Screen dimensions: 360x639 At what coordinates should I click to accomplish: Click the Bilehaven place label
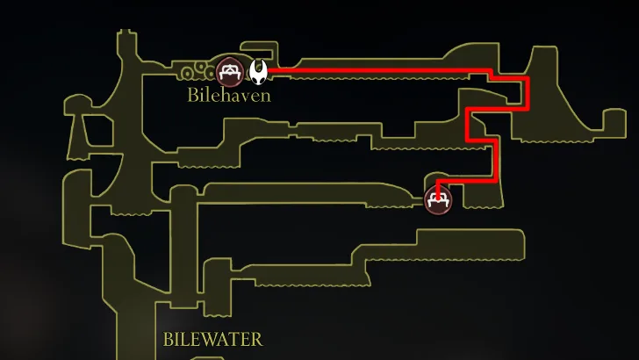(x=229, y=94)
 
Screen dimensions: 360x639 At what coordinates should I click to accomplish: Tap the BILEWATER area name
(x=212, y=339)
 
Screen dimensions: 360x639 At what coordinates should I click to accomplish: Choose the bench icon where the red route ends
(x=437, y=199)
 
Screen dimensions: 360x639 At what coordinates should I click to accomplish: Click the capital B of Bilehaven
(x=193, y=94)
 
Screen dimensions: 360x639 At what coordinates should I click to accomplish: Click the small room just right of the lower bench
(x=481, y=195)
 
